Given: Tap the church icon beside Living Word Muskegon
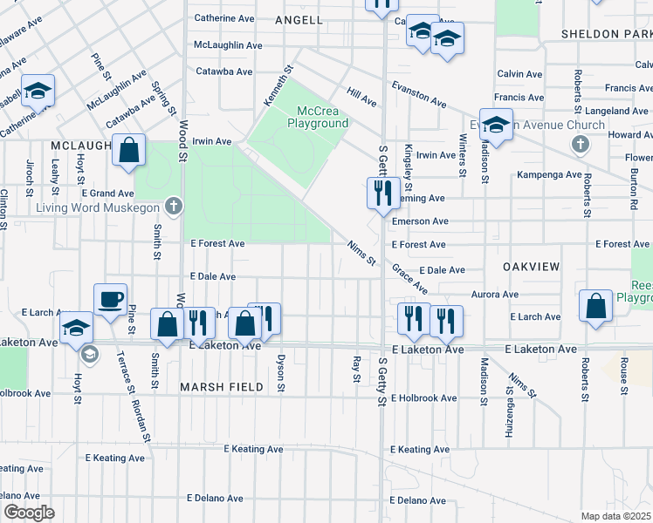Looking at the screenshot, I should coord(175,207).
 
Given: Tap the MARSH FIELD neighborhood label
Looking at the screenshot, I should coord(216,385).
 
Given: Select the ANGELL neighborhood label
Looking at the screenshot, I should coord(299,19).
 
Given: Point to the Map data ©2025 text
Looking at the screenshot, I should coord(615,516).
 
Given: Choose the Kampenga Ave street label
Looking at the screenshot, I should coord(549,174).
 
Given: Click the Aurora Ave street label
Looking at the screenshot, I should coord(496,295).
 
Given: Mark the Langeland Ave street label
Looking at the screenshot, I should coord(617,112).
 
